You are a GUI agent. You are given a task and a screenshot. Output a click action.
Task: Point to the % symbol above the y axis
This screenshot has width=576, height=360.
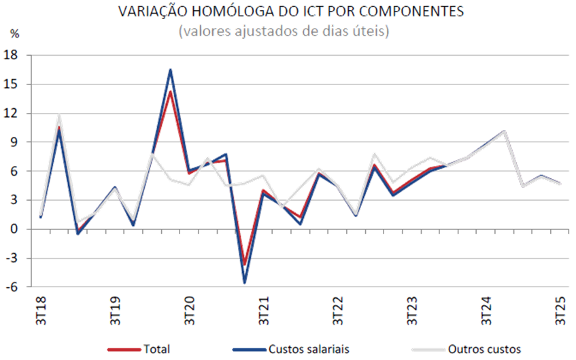coord(15,33)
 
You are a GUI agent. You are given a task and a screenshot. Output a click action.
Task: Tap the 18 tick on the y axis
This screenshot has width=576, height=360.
coord(12,55)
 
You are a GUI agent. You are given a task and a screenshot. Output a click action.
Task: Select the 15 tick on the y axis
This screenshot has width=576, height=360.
coord(12,84)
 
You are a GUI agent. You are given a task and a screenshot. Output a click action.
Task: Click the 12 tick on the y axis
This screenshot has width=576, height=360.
coord(12,113)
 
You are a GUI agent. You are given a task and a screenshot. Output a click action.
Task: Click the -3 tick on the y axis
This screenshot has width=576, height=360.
coord(12,258)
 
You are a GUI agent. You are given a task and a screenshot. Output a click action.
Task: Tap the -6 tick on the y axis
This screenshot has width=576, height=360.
coord(12,287)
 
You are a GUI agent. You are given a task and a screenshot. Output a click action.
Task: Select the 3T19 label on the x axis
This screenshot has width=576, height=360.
coord(115,309)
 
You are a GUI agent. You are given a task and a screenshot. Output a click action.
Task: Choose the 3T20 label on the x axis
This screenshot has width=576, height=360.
coord(189,309)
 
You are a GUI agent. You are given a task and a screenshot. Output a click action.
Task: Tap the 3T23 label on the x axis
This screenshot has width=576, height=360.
coord(412,309)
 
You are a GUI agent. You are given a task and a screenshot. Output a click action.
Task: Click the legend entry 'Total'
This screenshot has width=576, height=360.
coord(156,349)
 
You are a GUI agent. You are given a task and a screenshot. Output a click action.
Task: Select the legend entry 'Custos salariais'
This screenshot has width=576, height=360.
coord(309,349)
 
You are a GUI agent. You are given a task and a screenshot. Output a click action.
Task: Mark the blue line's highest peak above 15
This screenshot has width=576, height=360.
coord(170,69)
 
